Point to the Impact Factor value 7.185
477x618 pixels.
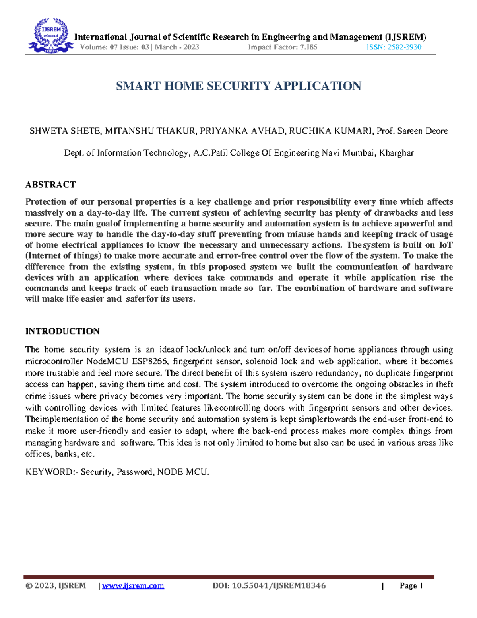pyautogui.click(x=308, y=47)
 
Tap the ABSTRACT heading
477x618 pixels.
pyautogui.click(x=50, y=185)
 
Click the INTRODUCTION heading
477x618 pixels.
pyautogui.click(x=62, y=331)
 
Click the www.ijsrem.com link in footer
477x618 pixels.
pyautogui.click(x=133, y=586)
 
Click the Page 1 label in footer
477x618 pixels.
pyautogui.click(x=411, y=586)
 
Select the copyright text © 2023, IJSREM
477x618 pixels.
pyautogui.click(x=56, y=586)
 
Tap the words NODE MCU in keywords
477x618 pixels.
pyautogui.click(x=183, y=472)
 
